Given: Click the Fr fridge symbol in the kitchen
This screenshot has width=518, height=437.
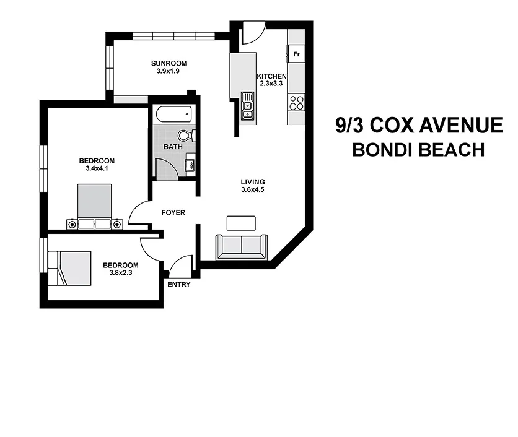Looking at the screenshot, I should tap(296, 54).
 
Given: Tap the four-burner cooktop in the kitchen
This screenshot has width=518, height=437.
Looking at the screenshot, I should tap(297, 102).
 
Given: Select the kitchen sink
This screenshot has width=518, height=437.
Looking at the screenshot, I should tap(248, 105).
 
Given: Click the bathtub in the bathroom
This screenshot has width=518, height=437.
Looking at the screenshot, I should tap(173, 115).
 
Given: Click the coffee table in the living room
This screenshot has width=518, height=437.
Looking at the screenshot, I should tap(241, 223).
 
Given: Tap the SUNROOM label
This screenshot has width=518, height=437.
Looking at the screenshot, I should tap(169, 63).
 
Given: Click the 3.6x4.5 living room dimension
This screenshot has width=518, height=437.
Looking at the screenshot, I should tap(253, 190).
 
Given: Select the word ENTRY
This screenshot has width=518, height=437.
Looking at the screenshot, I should tap(179, 285).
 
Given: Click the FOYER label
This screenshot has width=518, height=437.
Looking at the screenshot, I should tap(173, 212).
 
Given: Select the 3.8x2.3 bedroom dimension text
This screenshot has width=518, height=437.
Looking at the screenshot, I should tap(118, 270).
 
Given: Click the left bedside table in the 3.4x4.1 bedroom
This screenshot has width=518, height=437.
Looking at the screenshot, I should tap(72, 223).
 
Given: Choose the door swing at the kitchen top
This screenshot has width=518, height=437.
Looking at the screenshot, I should tap(253, 34).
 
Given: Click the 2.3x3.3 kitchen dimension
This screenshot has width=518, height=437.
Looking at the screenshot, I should tap(271, 84).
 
